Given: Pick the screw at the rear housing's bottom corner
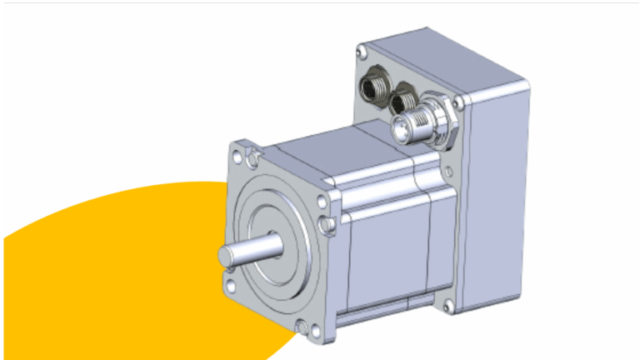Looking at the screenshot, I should pos(449,308).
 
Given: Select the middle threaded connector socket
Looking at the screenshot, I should pos(406,102).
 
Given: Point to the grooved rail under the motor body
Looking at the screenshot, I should pos(383,315).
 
